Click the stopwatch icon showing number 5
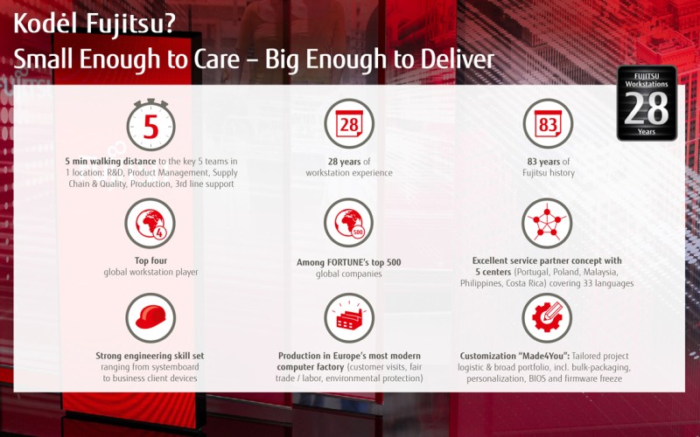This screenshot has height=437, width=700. tap(150, 125)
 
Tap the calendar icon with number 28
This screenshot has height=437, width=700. tap(349, 123)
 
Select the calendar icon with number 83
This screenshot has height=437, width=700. tap(548, 123)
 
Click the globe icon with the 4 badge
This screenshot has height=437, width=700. tap(150, 223)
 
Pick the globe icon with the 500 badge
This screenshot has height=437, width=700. tap(349, 223)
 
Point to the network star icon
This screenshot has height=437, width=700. tap(548, 223)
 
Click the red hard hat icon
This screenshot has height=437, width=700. tap(150, 318)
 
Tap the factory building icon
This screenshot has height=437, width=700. tap(349, 318)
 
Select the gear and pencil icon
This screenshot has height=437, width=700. tap(547, 318)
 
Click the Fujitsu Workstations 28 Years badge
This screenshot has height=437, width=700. tap(647, 103)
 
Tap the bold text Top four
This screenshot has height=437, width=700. tap(150, 260)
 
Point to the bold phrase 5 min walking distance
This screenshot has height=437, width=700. tap(111, 162)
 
